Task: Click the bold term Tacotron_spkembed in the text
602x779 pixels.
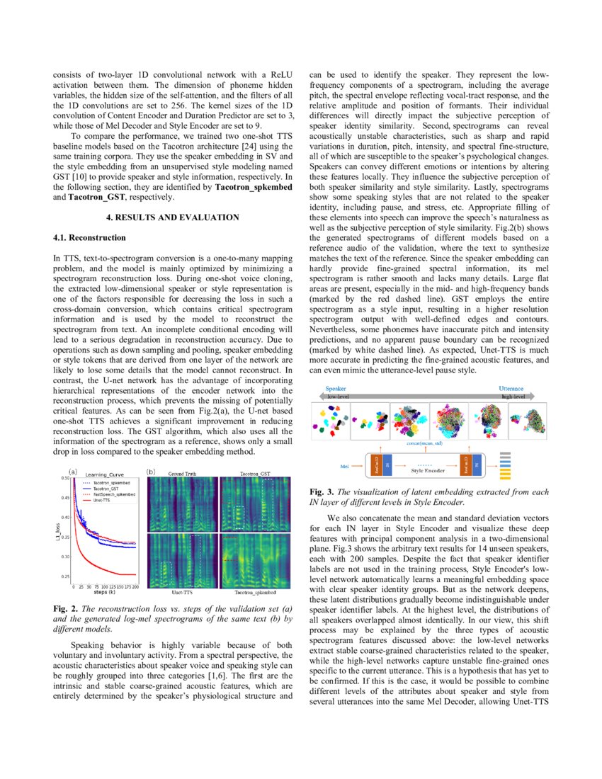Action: coord(251,187)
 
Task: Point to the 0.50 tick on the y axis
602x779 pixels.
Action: coord(64,478)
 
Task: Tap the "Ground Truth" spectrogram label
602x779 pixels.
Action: coord(182,472)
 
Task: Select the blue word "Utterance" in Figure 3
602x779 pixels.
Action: coord(511,389)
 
